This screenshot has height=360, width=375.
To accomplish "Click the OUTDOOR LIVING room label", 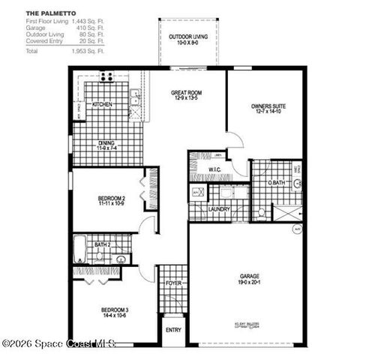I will (x=187, y=40).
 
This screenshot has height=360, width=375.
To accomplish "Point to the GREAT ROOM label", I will (x=187, y=95).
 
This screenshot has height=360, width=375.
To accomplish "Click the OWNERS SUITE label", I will (x=268, y=109).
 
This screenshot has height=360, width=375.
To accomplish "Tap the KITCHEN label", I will (x=103, y=105).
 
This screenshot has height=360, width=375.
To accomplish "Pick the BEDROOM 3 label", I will (x=115, y=313).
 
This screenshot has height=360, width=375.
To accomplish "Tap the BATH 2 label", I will (x=103, y=244).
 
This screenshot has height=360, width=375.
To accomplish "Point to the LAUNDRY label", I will (x=219, y=210).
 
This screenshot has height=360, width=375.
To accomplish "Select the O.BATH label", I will (x=276, y=183).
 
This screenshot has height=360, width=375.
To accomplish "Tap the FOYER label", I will (x=172, y=283).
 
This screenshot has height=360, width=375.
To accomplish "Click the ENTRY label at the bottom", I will (x=173, y=330).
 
